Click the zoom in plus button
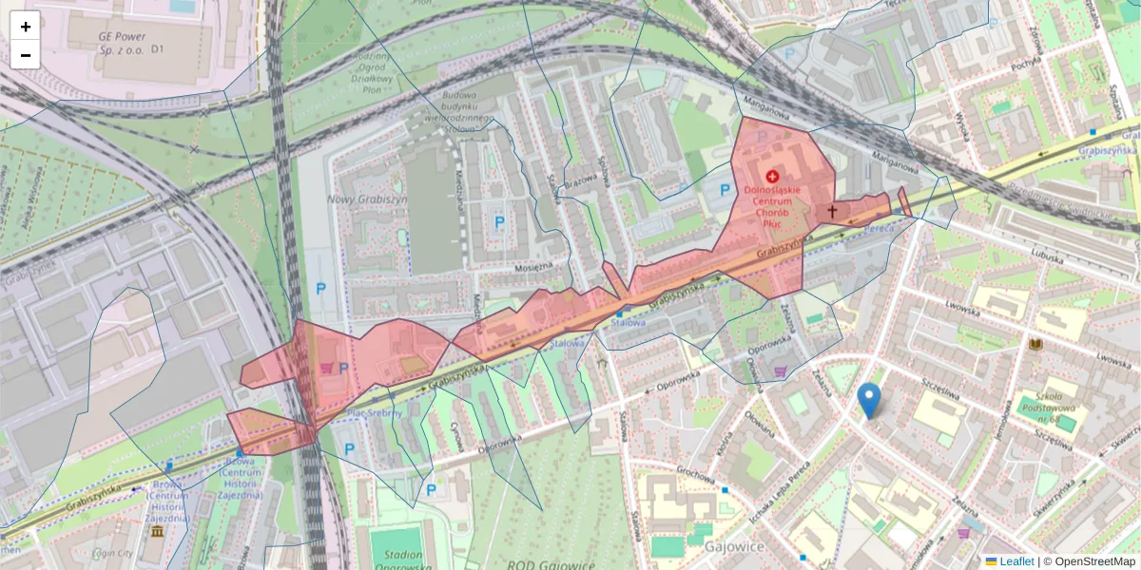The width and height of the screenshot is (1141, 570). tap(26, 27)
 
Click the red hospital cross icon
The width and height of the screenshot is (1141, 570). tap(771, 177)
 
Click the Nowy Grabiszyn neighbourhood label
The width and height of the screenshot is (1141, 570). tap(365, 199)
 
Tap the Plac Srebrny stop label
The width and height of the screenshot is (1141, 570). tap(374, 412)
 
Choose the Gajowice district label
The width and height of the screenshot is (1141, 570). tap(736, 546)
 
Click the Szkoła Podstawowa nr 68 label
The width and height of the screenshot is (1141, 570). tap(1037, 399)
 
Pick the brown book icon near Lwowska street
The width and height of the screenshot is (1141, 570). tap(1036, 344)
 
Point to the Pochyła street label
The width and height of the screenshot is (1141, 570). tap(1023, 65)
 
